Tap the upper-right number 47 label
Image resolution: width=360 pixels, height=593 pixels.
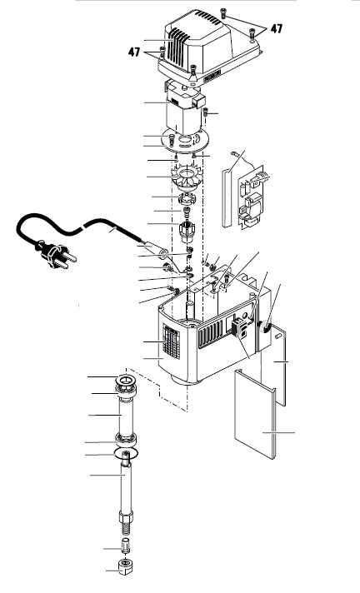275,27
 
